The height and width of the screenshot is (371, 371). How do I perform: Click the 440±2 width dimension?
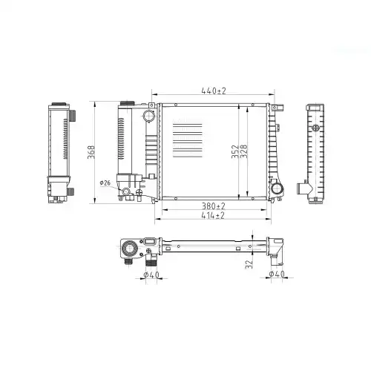coord(214,91)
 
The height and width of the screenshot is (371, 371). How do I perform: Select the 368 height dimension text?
coord(91,152)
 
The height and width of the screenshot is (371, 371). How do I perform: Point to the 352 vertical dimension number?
coord(235,151)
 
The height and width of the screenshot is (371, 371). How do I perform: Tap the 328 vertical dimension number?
coord(243,151)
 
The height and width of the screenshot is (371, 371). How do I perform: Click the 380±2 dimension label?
coord(214,206)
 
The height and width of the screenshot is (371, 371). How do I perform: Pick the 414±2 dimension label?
coord(213,215)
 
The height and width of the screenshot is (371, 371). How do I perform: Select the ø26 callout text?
coord(105,183)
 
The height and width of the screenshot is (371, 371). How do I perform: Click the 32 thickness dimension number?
coord(249,264)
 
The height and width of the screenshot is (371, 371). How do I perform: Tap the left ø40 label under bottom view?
coord(151,275)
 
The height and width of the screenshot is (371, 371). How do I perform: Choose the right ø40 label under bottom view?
coord(277,274)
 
